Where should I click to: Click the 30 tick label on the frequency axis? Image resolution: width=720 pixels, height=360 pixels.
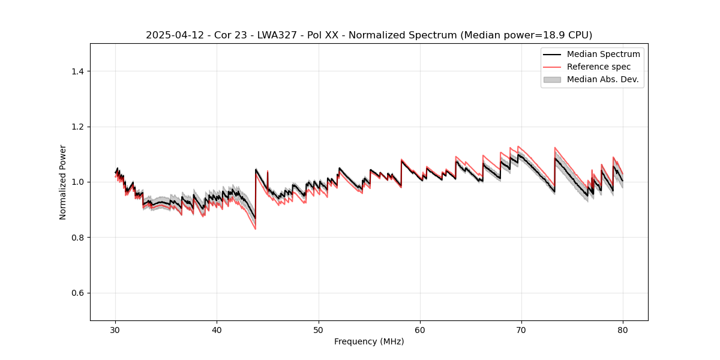click(116, 330)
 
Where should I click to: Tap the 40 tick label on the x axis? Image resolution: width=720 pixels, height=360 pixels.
click(217, 330)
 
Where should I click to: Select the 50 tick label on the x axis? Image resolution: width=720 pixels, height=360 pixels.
click(319, 330)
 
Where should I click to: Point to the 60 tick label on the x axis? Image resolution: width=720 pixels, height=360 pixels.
click(420, 330)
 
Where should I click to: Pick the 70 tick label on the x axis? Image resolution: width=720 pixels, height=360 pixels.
click(521, 330)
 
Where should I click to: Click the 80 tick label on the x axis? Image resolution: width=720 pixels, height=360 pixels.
click(623, 330)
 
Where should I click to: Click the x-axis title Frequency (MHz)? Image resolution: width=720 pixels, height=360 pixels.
click(369, 341)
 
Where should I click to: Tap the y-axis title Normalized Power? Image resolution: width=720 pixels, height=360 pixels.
click(63, 182)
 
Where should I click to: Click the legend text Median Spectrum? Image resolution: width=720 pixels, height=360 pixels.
click(603, 55)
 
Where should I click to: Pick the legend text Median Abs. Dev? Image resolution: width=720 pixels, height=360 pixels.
click(602, 79)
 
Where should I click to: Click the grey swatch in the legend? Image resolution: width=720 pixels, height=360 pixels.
click(552, 79)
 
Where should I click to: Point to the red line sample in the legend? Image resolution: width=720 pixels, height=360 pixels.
click(552, 67)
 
